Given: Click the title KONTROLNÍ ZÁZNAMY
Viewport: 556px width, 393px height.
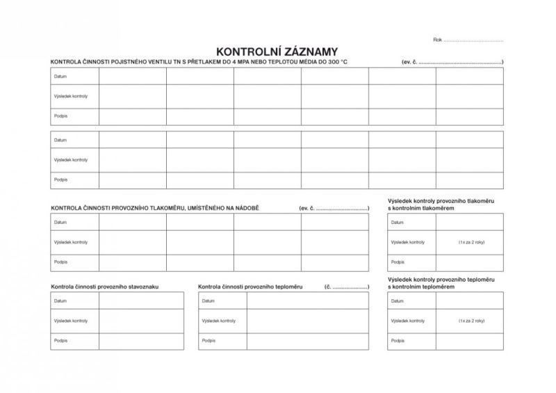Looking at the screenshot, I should tap(277, 51).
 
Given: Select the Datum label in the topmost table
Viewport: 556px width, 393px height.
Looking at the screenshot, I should tap(60, 76).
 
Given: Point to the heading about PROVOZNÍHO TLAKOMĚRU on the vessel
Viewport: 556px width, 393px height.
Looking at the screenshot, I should tap(154, 208).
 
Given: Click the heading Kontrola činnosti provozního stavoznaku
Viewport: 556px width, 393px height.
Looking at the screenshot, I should tap(105, 286).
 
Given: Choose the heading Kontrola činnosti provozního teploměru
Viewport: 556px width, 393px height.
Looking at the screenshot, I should tap(250, 286).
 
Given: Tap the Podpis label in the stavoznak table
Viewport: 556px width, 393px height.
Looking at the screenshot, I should tap(60, 341).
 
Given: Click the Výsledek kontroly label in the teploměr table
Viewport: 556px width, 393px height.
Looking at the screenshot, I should tap(219, 321).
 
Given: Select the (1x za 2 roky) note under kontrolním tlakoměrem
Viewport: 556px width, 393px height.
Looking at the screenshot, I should tap(471, 242).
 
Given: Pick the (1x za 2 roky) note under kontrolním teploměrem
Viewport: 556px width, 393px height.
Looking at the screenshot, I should tap(471, 321).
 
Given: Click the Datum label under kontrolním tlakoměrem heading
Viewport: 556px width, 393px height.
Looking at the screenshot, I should tap(398, 223).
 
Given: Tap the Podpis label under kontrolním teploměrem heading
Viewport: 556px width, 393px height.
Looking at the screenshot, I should tap(398, 341).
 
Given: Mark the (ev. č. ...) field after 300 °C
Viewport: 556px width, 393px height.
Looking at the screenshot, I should tap(452, 62).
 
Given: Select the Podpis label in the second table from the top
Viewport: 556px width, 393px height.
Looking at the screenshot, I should tap(60, 179).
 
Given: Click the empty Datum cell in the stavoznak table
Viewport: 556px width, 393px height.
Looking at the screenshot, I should tap(141, 301).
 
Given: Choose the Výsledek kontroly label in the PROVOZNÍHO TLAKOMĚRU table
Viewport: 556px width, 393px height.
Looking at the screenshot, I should tap(70, 242).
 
